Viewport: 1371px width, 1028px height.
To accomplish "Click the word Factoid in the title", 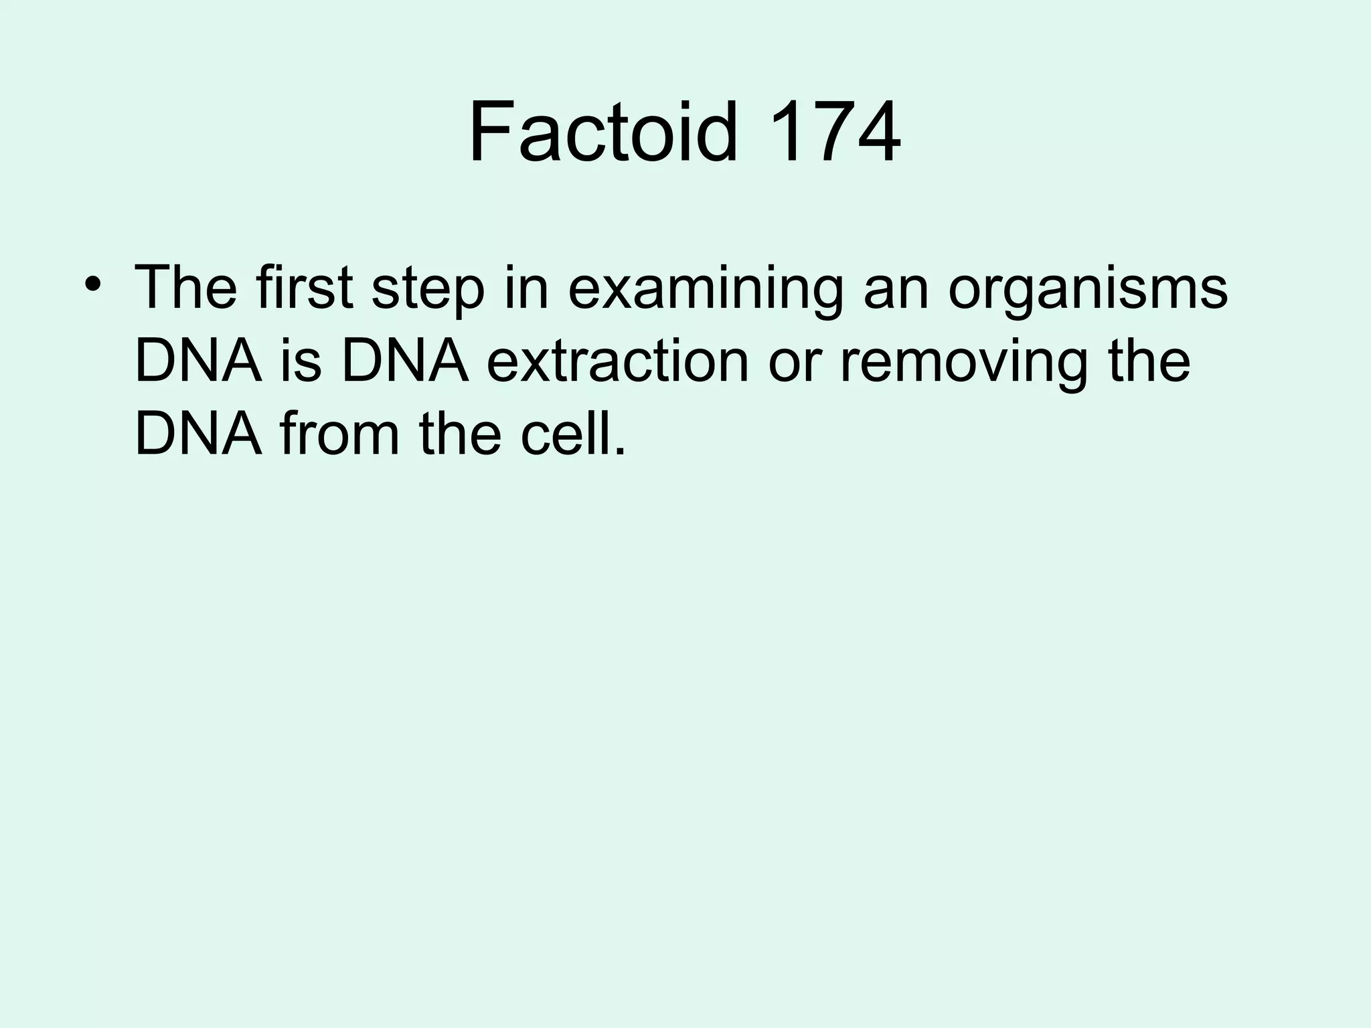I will coord(602,132).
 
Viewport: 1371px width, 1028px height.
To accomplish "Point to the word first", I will coord(304,288).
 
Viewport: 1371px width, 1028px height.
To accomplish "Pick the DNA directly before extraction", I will coord(405,362).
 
